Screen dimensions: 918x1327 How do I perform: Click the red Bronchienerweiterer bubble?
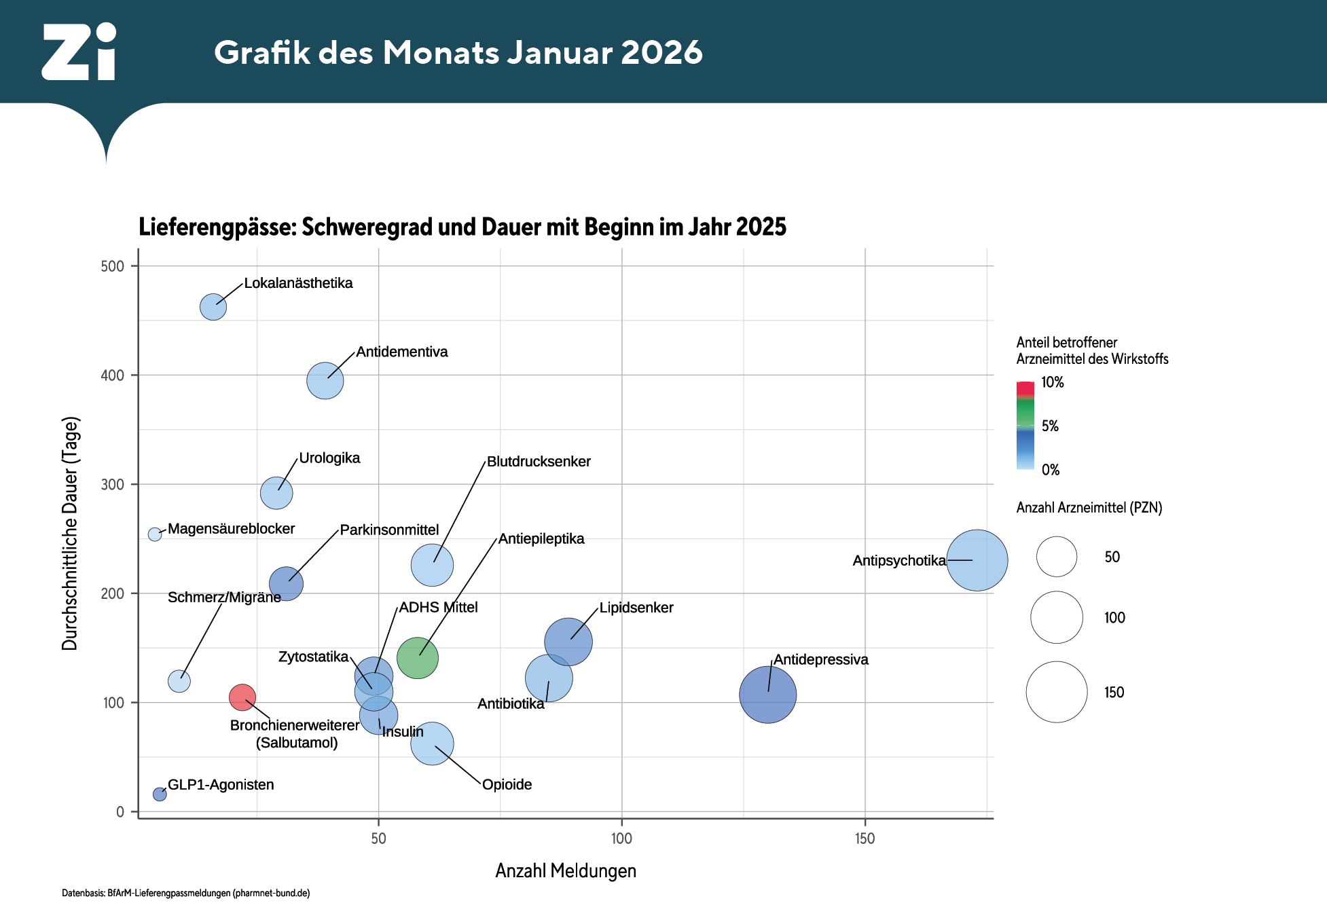(242, 697)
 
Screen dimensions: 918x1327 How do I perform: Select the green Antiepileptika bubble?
(417, 658)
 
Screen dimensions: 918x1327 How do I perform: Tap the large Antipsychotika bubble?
(977, 560)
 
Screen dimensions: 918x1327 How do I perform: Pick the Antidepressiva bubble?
(767, 695)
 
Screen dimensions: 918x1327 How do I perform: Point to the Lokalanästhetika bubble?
(213, 307)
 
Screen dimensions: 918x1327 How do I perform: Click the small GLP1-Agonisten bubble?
(160, 794)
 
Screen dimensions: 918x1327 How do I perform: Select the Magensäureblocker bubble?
(155, 534)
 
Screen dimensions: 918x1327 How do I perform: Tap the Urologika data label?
(329, 458)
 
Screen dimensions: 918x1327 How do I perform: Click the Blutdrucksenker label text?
(539, 462)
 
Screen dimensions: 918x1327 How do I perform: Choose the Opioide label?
(507, 785)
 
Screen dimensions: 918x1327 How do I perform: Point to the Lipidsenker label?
(636, 608)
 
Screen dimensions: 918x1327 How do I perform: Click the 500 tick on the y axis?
(113, 266)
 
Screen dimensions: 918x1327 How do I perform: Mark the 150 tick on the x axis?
(865, 839)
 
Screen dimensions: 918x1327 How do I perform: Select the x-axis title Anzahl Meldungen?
(566, 871)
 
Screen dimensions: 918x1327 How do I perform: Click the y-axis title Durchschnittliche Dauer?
(71, 534)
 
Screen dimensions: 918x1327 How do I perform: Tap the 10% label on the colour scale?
(1053, 382)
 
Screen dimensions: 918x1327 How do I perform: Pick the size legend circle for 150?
(1056, 692)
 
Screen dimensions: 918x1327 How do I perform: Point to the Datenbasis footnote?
(185, 894)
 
